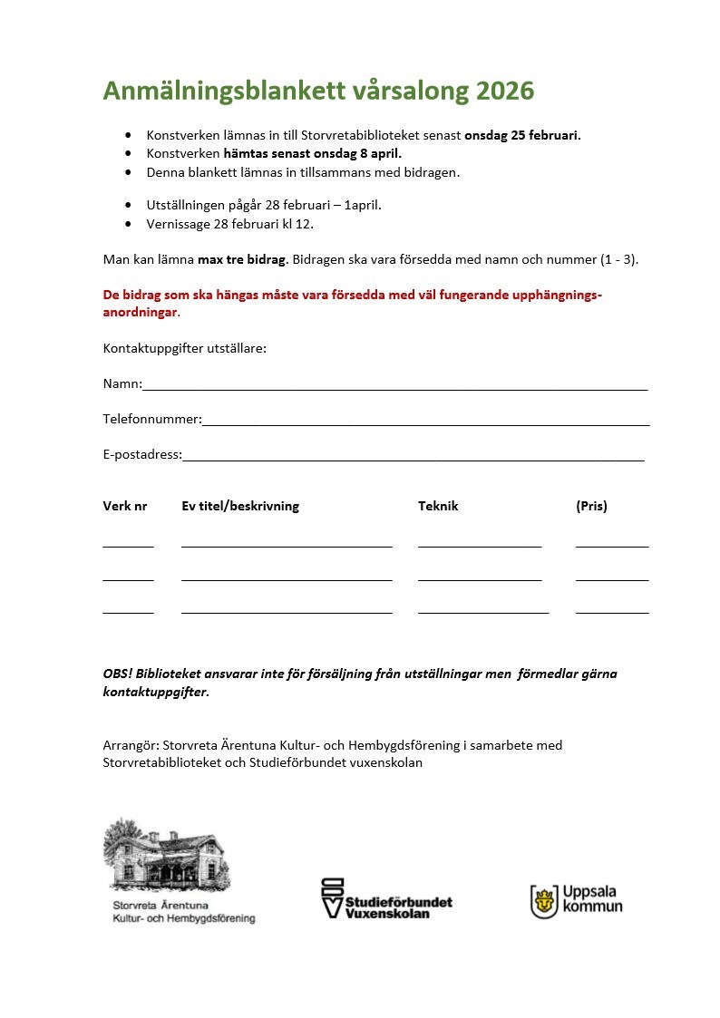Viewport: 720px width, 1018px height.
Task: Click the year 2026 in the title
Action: [x=505, y=92]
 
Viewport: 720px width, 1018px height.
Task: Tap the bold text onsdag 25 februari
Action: [x=522, y=135]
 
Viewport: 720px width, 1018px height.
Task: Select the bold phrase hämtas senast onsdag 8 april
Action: [x=312, y=153]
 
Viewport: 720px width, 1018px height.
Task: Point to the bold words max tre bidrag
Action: [x=242, y=259]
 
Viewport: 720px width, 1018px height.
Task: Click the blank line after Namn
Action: [x=394, y=387]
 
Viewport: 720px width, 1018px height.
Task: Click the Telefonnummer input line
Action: [x=425, y=422]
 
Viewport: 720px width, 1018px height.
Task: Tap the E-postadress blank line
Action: [x=413, y=458]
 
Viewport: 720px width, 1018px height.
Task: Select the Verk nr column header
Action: [x=125, y=506]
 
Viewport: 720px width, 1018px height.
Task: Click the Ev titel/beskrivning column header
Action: [x=240, y=506]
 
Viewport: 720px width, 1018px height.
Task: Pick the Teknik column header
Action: [x=438, y=506]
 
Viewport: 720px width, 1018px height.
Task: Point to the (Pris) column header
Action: [x=591, y=506]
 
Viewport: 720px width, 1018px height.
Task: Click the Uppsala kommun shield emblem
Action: [x=544, y=901]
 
